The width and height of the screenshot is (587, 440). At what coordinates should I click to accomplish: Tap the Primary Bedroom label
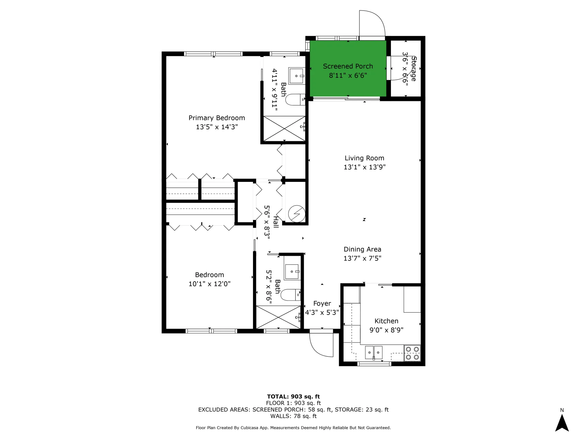coord(217,118)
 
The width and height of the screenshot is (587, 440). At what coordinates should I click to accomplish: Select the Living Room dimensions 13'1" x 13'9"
coord(365,167)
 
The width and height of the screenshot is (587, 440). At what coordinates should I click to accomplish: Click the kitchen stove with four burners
coord(412,353)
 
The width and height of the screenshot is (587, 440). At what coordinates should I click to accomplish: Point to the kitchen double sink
coord(374,352)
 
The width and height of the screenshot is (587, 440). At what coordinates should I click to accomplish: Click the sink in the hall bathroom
coord(292,272)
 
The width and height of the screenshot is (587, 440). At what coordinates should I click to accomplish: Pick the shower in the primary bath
coord(284,128)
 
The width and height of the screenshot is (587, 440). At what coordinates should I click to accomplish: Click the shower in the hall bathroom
coord(278,317)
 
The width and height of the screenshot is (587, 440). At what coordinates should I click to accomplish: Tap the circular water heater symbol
coord(297,214)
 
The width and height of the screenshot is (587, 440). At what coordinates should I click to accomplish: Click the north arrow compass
coord(562,423)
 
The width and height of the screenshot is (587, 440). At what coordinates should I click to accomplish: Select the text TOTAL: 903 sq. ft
coord(293,397)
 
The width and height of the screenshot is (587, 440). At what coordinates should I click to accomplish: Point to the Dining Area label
coord(362,249)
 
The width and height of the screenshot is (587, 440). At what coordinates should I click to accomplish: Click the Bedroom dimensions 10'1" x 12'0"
coord(209,284)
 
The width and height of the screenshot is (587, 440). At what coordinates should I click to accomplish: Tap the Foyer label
coord(322,304)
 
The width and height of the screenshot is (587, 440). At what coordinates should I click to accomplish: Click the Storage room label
coord(414,69)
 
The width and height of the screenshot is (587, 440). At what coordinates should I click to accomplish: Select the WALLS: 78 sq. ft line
coord(293,416)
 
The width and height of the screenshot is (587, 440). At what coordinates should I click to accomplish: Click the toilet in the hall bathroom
coord(290,295)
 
